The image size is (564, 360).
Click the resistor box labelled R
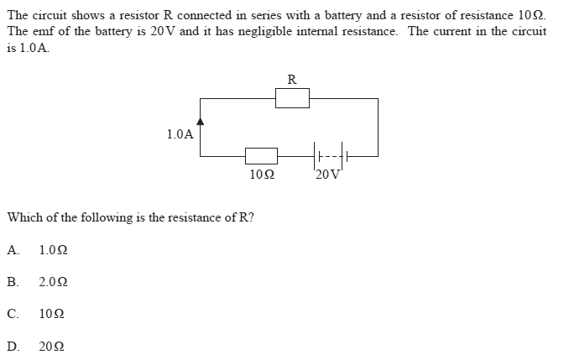pos(293,98)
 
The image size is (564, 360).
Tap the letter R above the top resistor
pos(291,80)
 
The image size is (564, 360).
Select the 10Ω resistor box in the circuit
pos(261,155)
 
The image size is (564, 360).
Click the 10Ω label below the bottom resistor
pos(262,175)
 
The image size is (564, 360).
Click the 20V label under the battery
pos(328,175)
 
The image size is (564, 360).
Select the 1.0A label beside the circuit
pos(180,133)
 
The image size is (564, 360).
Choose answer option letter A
pos(13,249)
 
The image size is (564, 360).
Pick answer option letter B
pos(13,282)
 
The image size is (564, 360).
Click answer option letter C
pos(13,314)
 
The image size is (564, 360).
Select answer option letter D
pos(13,346)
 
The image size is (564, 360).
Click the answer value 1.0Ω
pos(54,249)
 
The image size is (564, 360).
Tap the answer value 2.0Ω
pos(54,282)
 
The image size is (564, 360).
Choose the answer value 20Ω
pos(50,346)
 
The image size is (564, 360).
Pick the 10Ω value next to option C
pos(50,314)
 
